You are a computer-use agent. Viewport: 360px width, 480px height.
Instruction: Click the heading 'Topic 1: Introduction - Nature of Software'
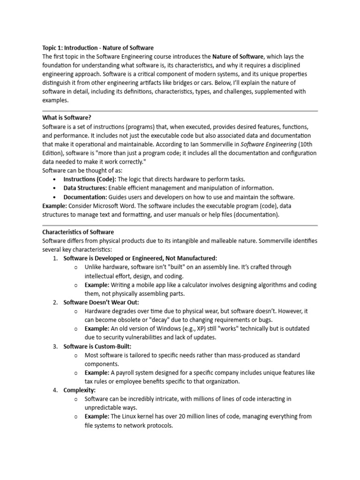coord(98,48)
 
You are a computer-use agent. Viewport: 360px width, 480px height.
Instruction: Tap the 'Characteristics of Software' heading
coord(78,232)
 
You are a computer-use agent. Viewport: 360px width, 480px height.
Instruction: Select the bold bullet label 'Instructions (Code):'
coord(90,180)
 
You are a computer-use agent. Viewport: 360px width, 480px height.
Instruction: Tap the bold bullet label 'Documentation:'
coord(85,197)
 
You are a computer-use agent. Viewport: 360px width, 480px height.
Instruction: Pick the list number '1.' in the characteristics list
coord(55,258)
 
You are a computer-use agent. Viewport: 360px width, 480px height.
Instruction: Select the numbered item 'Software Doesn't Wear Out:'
coord(101,302)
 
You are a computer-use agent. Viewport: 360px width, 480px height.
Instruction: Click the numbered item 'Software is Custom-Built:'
coord(97,346)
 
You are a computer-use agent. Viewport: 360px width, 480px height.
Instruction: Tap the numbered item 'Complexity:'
coord(80,390)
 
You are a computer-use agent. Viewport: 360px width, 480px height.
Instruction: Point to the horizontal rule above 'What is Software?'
coord(180,111)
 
